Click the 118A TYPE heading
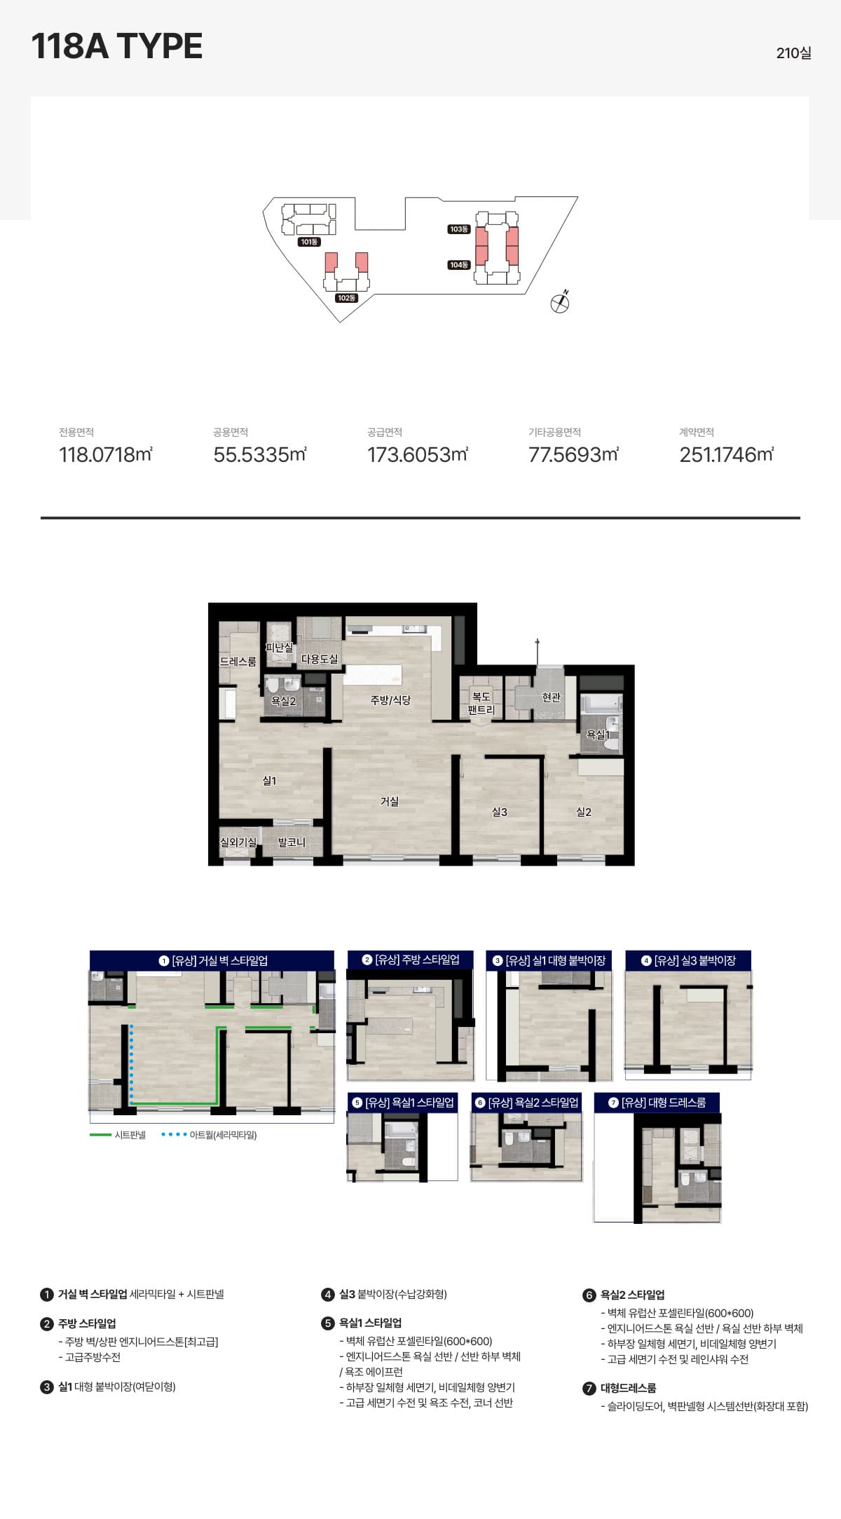(117, 46)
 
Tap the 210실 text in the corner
(793, 53)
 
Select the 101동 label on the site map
(309, 242)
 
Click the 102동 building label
(347, 298)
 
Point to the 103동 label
(459, 229)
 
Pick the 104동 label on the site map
(459, 265)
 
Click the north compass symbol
(560, 302)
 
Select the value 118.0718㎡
(106, 455)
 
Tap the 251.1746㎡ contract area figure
(727, 455)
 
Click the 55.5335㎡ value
(260, 455)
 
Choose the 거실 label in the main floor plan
(390, 801)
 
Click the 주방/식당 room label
(391, 700)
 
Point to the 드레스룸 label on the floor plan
(238, 662)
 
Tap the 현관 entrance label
(552, 697)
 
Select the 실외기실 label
(238, 842)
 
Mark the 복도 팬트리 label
(481, 703)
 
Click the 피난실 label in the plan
(279, 648)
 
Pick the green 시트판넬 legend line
(101, 1135)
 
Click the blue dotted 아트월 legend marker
(174, 1135)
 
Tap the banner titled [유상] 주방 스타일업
(411, 960)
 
